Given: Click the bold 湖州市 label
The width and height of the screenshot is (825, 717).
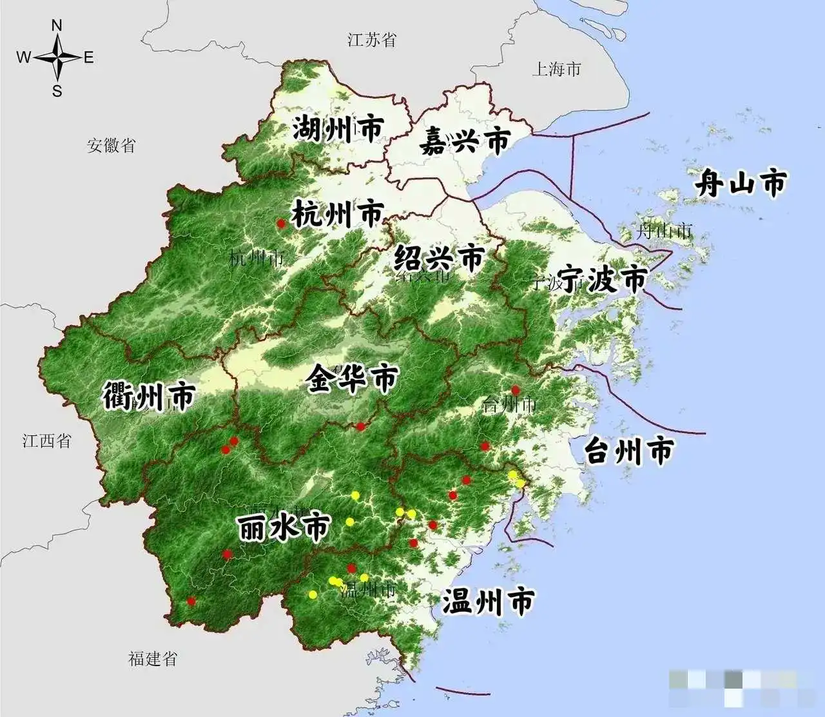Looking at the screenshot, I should click(338, 129).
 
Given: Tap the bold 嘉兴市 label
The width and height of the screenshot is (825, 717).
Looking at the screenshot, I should click(465, 141).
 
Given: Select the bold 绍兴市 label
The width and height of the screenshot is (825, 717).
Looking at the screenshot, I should click(438, 258).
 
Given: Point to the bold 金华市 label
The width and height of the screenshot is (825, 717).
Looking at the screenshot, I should click(352, 378).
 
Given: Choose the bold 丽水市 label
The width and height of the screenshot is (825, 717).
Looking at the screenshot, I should click(284, 527).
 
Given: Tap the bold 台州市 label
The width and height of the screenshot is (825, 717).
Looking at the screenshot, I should click(629, 450).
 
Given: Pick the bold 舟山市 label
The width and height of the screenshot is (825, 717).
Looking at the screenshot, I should click(741, 184).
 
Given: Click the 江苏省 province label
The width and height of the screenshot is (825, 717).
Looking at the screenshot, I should click(371, 40).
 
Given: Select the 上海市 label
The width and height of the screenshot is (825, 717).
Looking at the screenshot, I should click(556, 69).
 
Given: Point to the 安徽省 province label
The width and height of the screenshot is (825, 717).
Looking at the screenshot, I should click(112, 145).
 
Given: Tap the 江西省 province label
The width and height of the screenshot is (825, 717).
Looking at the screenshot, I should click(46, 441).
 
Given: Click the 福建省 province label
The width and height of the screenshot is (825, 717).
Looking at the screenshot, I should click(152, 658).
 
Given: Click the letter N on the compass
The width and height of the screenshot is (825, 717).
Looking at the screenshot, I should click(57, 26).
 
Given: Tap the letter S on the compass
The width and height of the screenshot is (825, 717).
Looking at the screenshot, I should click(57, 91).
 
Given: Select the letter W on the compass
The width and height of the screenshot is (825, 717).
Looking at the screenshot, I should click(23, 58).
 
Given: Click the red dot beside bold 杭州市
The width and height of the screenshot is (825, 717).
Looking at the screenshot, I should click(280, 223).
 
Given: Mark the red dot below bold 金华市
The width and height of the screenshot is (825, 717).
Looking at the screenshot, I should click(361, 426).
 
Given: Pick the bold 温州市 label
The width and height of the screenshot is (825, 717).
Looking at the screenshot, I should click(488, 602).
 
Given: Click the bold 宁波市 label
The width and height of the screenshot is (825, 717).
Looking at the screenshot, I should click(602, 279).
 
